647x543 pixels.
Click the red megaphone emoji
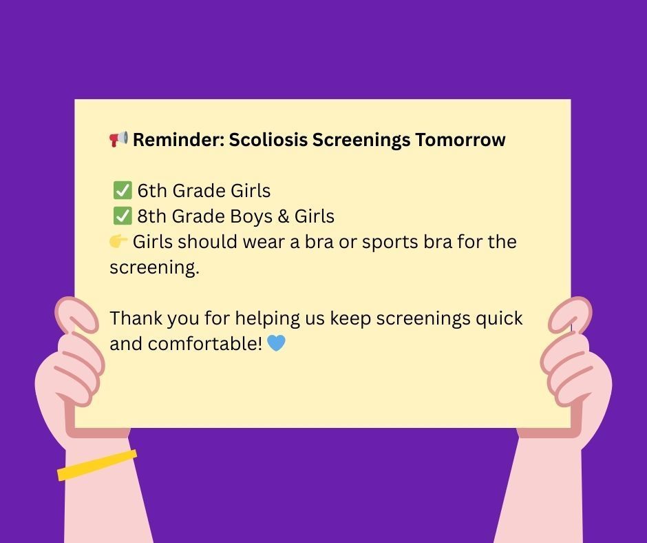[119, 139]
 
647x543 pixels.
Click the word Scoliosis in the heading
[268, 140]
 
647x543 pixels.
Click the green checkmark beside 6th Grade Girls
[123, 191]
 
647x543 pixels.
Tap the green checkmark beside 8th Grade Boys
[123, 216]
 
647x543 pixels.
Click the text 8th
[152, 216]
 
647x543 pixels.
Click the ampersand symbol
[283, 216]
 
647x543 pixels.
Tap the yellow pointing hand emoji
[118, 242]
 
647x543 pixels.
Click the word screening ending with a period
[154, 268]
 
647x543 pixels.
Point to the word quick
[497, 319]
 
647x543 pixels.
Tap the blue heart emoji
[276, 342]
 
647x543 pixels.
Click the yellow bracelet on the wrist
[97, 465]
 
